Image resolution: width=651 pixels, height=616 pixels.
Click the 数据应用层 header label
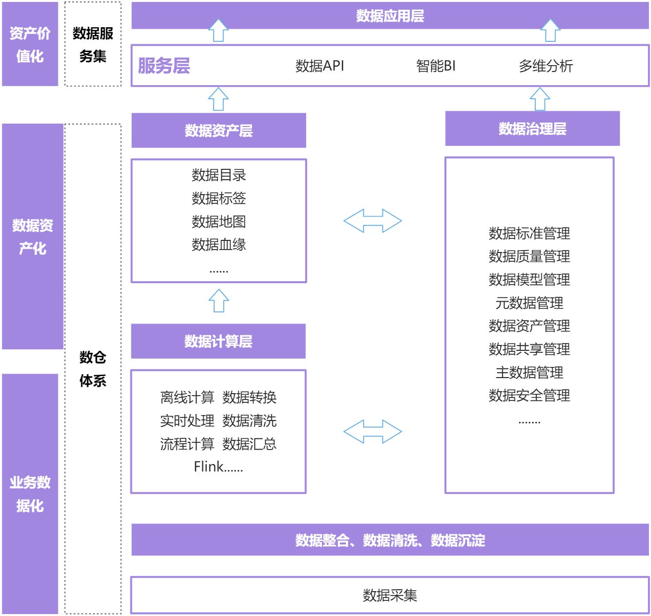click(390, 16)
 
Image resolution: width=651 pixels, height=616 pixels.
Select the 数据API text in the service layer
click(320, 66)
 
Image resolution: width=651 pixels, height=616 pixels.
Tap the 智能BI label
click(436, 66)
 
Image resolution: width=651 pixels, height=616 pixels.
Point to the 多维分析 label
click(545, 66)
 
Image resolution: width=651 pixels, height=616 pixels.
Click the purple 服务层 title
click(164, 66)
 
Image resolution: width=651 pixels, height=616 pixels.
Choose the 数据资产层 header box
click(218, 130)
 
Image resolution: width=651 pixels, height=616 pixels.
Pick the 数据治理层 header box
click(532, 129)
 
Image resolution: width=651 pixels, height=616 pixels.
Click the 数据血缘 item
click(218, 244)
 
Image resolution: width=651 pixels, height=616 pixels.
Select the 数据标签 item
click(218, 198)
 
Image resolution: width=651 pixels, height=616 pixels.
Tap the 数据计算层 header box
click(218, 341)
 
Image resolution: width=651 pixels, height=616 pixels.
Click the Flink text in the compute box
click(209, 467)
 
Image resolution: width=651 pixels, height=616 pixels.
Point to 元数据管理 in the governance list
click(529, 303)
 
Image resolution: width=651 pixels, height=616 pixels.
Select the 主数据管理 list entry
click(529, 372)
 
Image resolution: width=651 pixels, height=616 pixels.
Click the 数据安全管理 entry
click(529, 395)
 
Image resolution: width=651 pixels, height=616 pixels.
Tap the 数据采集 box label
click(390, 595)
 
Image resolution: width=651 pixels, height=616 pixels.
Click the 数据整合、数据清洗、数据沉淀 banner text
click(390, 540)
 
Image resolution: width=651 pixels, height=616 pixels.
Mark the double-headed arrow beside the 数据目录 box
click(373, 221)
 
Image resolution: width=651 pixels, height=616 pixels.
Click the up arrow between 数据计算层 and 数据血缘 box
click(218, 301)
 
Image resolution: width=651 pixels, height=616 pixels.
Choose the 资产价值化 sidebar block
click(30, 44)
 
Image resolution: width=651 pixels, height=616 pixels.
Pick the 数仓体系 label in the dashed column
click(93, 369)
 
